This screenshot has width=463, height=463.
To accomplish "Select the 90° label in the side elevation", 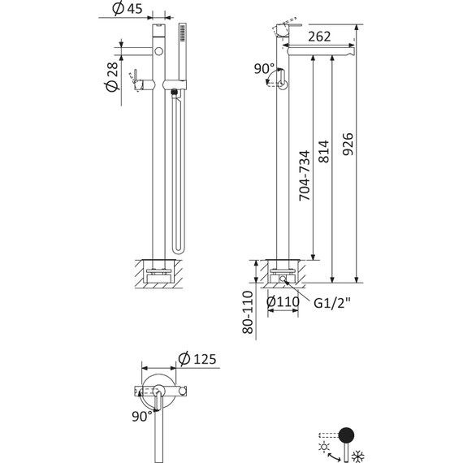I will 263,70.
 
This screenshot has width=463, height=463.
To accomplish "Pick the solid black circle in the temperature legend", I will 346,434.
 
